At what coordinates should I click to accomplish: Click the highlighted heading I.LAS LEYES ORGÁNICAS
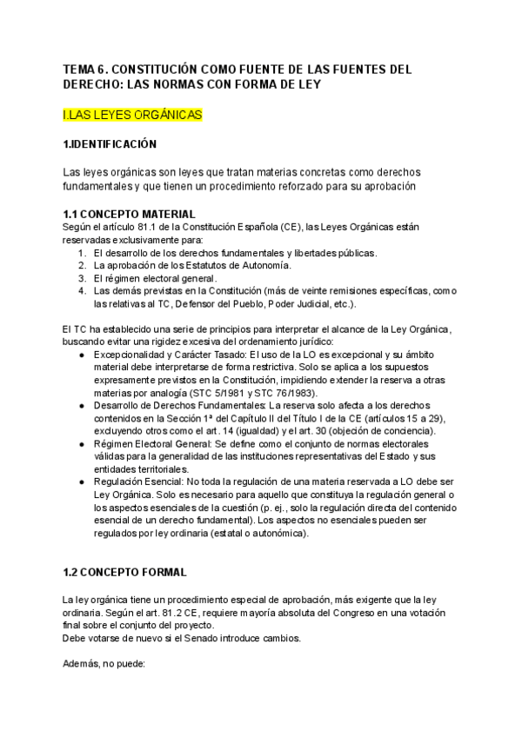point(133,114)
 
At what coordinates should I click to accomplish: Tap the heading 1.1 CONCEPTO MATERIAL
point(129,214)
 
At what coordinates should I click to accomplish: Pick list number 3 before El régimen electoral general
point(82,278)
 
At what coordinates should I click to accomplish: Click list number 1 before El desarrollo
point(82,253)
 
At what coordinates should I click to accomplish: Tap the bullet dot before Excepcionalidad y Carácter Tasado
point(82,356)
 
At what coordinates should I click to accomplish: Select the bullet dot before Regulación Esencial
point(82,480)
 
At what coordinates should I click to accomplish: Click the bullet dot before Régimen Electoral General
point(82,443)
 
